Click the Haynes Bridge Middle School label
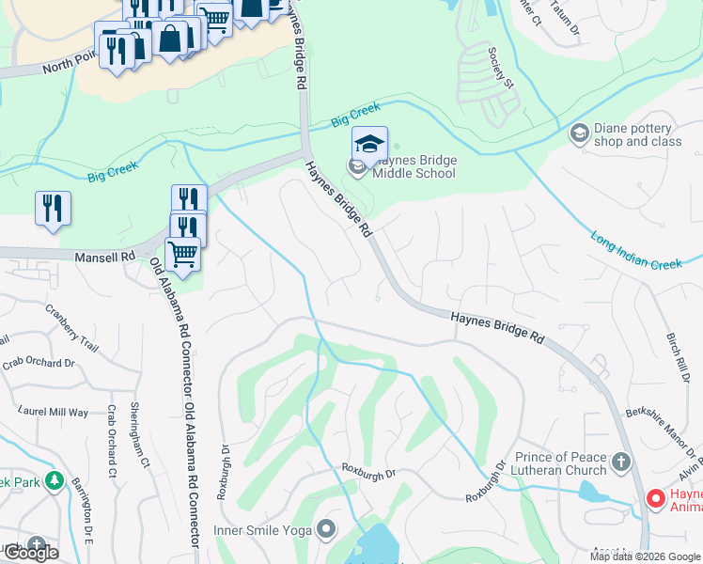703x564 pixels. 414,166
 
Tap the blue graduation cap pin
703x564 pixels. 370,144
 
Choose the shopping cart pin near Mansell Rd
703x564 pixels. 182,253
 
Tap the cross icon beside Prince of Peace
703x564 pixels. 619,462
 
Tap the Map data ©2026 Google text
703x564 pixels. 645,556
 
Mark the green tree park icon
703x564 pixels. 54,481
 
